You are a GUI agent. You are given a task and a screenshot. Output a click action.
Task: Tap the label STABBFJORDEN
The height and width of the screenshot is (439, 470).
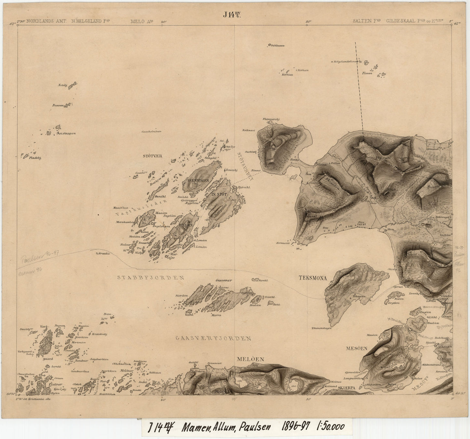151,278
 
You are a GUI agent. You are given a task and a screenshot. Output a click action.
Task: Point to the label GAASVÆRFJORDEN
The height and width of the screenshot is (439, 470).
213,338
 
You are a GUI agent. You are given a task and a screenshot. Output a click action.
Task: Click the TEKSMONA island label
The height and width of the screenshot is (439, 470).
313,278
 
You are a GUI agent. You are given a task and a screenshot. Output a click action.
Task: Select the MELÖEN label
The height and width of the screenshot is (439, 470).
250,359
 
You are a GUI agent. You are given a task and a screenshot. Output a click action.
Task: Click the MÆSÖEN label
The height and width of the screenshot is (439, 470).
356,348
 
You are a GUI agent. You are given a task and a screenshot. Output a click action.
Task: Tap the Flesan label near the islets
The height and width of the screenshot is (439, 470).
367,73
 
